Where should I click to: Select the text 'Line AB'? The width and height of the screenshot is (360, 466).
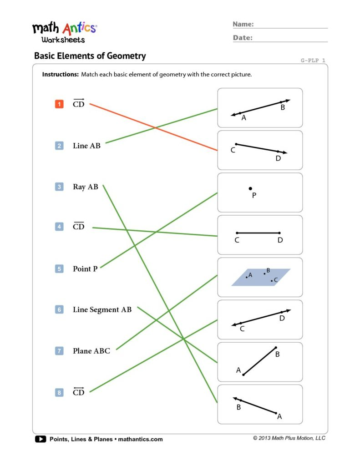[x=86, y=146]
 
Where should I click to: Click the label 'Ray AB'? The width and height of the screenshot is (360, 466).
[x=86, y=187]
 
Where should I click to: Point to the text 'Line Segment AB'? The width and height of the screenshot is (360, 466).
[x=102, y=310]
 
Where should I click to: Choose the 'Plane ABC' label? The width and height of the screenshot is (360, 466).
[x=91, y=351]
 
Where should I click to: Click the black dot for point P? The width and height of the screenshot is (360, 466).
[x=250, y=188]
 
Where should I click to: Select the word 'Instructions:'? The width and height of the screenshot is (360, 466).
[x=60, y=74]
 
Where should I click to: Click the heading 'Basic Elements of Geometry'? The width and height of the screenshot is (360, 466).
[x=90, y=56]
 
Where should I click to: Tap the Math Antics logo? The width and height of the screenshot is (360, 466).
[x=64, y=32]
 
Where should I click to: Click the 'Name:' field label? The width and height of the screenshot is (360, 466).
[x=243, y=24]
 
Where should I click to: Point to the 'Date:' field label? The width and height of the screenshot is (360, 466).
[x=243, y=38]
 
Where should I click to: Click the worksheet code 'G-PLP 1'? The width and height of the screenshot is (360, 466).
[x=313, y=60]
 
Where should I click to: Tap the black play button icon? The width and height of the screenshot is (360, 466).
[x=40, y=439]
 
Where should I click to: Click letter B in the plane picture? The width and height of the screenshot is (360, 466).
[x=268, y=270]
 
